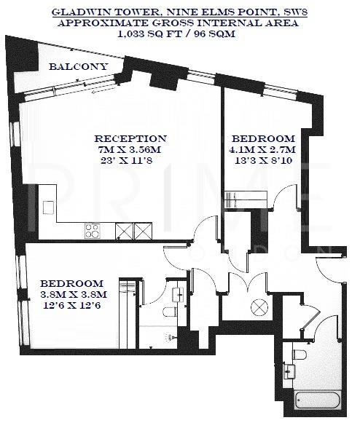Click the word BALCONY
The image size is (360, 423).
click(78, 67)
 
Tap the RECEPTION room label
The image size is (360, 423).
click(131, 138)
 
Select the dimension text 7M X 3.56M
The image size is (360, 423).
click(131, 149)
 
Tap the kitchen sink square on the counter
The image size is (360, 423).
click(47, 207)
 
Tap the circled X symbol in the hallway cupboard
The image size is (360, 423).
click(258, 308)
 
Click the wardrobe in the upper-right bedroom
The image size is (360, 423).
click(242, 198)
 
